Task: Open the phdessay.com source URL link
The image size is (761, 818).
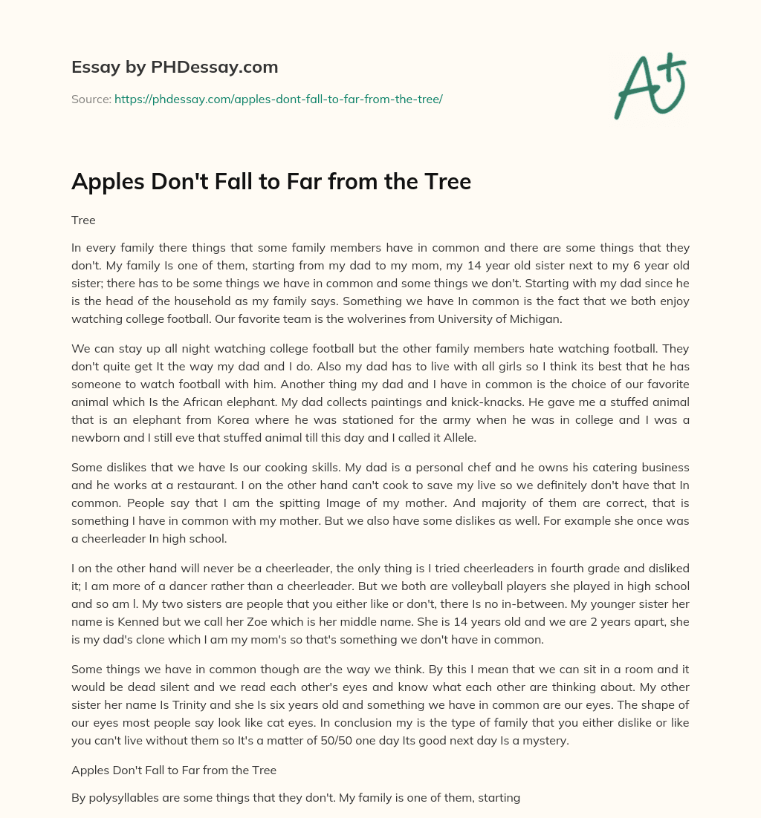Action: tap(279, 99)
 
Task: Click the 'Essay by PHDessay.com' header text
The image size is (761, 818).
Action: tap(175, 68)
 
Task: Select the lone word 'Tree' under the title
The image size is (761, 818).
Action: tap(83, 220)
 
